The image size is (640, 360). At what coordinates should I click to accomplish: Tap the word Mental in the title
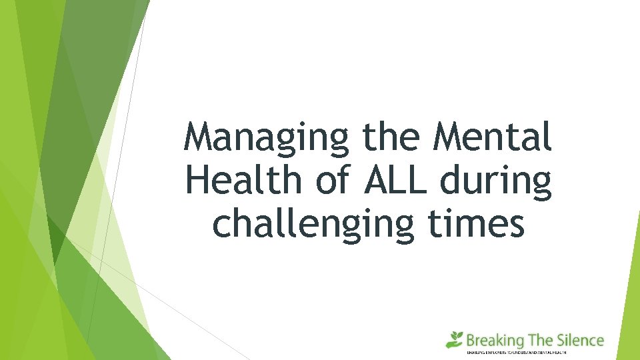coord(493,138)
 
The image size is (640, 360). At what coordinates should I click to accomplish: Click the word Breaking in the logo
coord(495,341)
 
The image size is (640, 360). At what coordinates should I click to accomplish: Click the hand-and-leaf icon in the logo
coord(455,339)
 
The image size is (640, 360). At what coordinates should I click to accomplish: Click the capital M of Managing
coord(201,137)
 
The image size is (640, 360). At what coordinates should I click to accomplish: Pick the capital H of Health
coord(198,181)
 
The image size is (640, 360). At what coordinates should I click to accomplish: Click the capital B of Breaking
coord(471,341)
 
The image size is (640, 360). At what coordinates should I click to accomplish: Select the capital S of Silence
coord(561,341)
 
